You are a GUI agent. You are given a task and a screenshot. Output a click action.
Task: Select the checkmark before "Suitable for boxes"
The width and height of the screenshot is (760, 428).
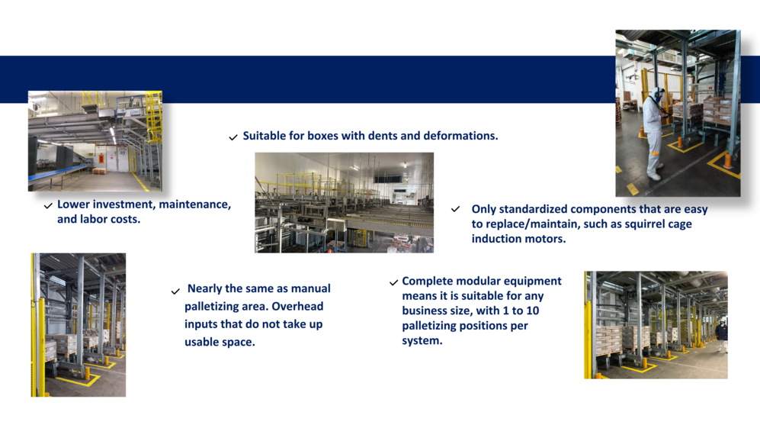click(233, 138)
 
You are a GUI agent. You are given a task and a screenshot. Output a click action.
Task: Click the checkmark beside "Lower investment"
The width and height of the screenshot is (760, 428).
click(48, 206)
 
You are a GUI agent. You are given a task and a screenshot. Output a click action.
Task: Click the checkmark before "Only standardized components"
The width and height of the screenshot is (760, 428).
click(456, 209)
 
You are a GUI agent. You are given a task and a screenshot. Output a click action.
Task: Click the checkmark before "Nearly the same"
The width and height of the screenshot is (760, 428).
click(175, 291)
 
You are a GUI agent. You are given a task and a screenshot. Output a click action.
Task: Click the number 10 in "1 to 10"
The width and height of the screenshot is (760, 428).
click(533, 311)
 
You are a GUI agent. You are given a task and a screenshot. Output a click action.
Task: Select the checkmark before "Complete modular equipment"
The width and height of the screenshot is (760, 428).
click(393, 282)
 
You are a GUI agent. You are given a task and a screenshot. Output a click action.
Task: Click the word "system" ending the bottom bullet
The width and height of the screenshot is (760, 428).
click(420, 341)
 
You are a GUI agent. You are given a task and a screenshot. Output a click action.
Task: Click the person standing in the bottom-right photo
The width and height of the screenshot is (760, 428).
click(722, 335)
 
